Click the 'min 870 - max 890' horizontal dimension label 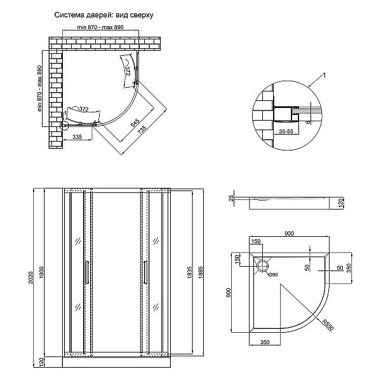(105, 29)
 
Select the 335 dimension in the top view (77, 137)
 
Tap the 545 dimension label (135, 121)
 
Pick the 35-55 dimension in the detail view (286, 133)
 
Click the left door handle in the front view (87, 270)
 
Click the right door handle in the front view (145, 270)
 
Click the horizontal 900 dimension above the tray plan (290, 234)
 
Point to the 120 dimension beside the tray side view (342, 203)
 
